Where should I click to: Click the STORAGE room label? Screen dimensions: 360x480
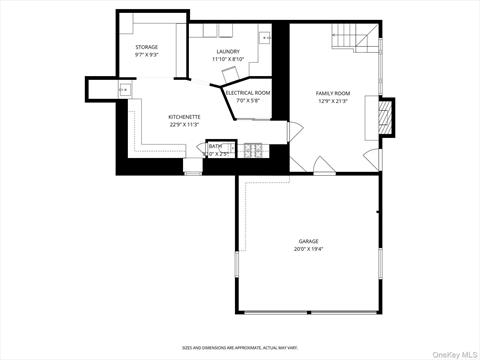(x=147, y=47)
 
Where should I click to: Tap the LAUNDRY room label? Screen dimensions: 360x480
(x=228, y=51)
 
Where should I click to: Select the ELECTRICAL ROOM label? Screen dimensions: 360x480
(x=247, y=92)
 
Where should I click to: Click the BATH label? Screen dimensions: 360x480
(x=215, y=146)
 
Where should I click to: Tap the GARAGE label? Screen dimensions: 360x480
(x=308, y=241)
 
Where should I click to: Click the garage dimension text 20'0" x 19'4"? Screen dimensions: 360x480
(x=308, y=249)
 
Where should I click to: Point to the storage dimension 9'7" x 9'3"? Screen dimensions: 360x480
(x=147, y=55)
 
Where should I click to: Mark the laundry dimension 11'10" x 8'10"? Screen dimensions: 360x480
(x=228, y=59)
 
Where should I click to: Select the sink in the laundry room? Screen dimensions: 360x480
(x=264, y=37)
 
